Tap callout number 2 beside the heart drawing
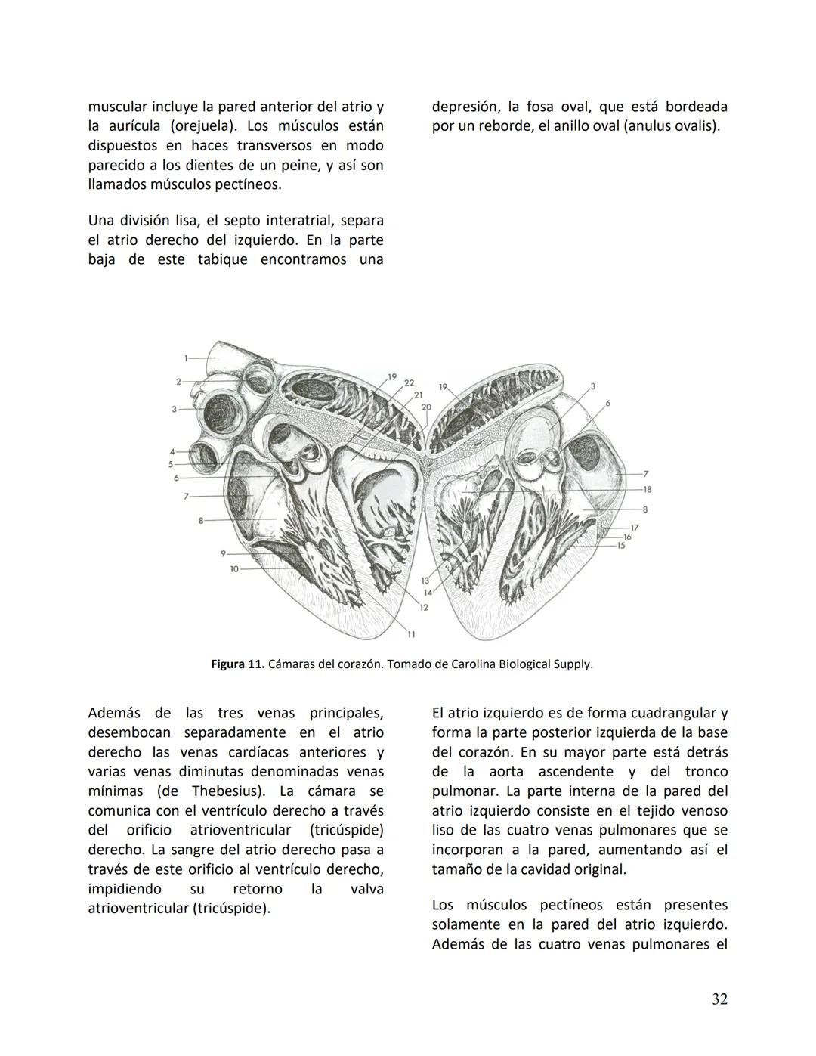tap(179, 382)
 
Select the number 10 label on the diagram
tap(234, 568)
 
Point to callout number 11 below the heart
tap(412, 633)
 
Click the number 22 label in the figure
tap(409, 383)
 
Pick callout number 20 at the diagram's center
tap(426, 407)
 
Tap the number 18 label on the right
tap(648, 490)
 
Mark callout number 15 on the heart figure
tap(621, 545)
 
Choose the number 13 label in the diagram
tap(425, 580)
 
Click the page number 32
tap(719, 999)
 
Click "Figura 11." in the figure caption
tap(237, 665)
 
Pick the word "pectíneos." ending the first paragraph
tap(249, 184)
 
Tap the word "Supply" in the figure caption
tap(573, 665)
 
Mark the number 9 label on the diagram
tap(224, 553)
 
